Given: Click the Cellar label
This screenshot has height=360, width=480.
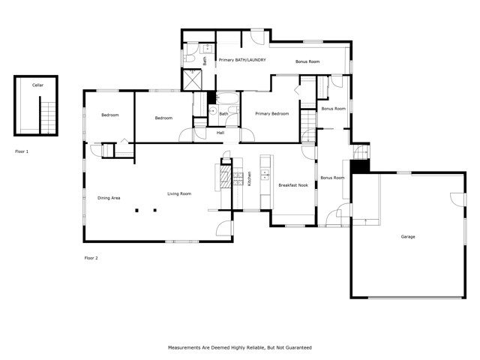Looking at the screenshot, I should point(37,85).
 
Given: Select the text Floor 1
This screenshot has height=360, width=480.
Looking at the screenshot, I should point(22,151).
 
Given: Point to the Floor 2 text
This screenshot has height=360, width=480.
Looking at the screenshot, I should point(91,258).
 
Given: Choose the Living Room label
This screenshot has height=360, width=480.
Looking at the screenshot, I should point(178,193).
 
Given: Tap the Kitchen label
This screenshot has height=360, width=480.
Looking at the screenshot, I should point(249,179).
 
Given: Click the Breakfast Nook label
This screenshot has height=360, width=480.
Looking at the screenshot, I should point(292,184).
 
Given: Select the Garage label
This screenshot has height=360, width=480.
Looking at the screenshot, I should point(407,236).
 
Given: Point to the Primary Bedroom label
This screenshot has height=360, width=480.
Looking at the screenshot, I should point(271,114).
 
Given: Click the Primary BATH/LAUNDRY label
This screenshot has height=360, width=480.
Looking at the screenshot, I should point(241,60).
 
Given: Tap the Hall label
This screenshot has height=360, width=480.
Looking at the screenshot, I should point(220,133).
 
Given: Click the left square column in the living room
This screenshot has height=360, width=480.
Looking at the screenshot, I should point(137,211).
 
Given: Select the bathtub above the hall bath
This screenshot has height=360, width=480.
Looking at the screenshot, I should point(227,99).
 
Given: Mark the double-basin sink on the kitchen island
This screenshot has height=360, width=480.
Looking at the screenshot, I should point(264,176).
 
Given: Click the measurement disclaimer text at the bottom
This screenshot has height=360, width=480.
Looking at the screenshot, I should point(239,347).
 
